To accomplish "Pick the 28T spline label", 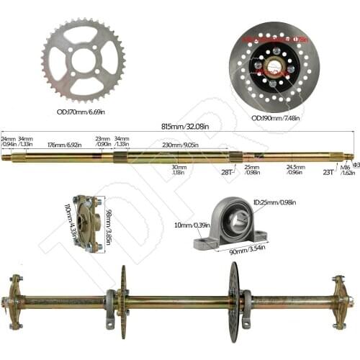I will [228, 172].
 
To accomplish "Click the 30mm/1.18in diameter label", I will [179, 170].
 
